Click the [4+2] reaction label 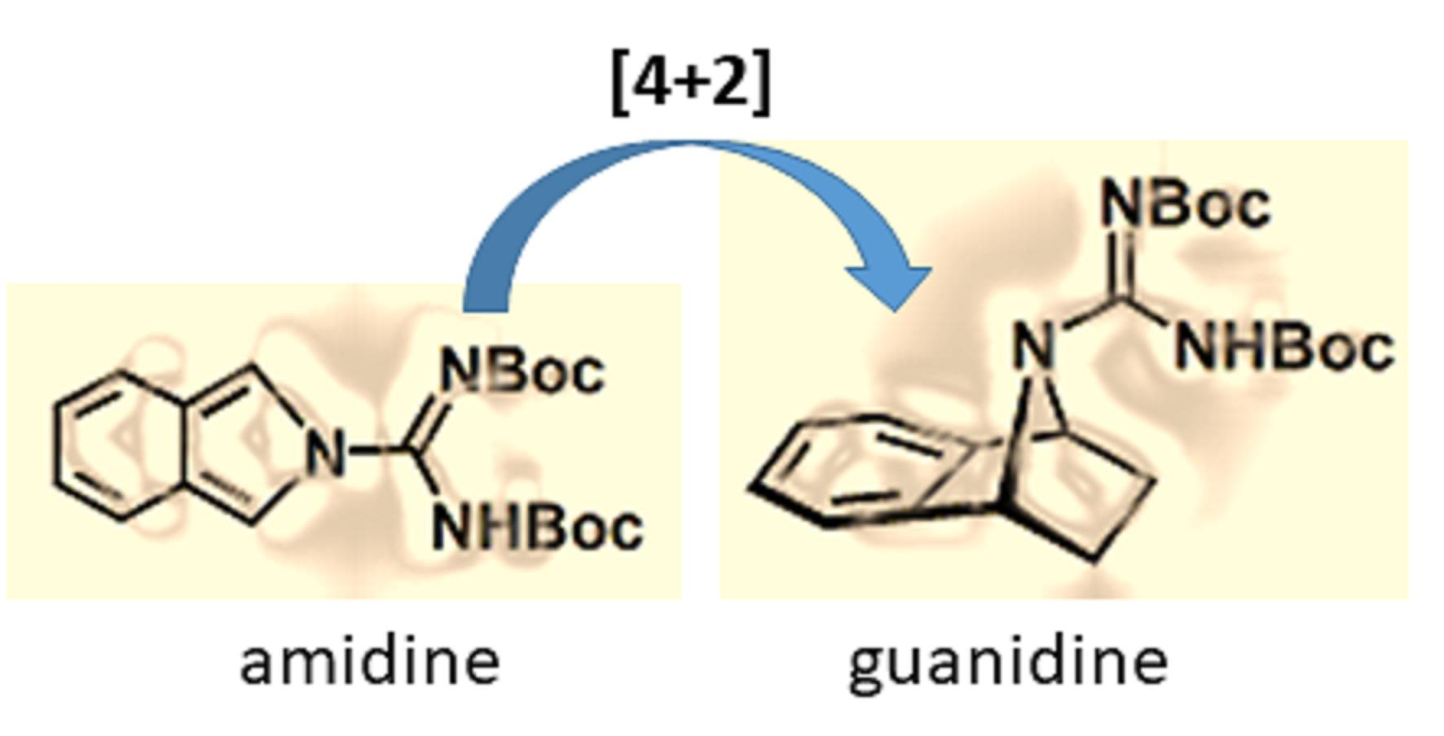tap(691, 84)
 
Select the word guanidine tap(1008, 664)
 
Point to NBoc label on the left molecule tap(522, 372)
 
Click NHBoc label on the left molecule tap(538, 527)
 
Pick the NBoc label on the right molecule tap(1185, 204)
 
